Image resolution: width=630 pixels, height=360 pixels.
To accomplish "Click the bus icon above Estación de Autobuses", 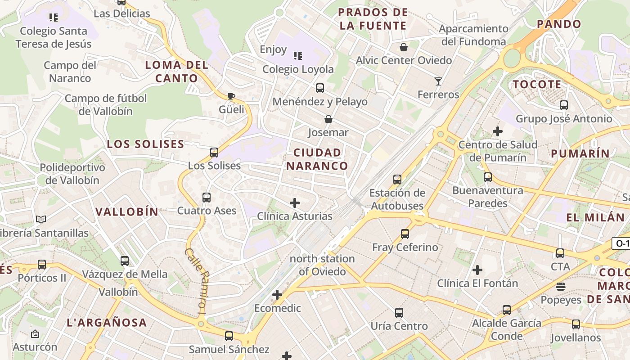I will click(x=397, y=180).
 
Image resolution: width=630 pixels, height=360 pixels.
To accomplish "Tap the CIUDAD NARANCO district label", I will click(x=317, y=159).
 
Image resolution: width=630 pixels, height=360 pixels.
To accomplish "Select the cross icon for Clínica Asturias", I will click(x=295, y=203).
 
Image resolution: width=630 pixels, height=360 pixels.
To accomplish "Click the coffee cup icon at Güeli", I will click(x=231, y=96).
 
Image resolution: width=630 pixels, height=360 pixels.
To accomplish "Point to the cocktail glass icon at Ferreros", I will click(x=438, y=81).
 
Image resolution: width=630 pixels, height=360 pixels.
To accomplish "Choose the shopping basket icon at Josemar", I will click(x=328, y=119).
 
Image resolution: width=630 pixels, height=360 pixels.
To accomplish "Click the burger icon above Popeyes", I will click(x=561, y=287).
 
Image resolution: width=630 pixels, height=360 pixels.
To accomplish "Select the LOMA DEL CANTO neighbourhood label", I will click(x=177, y=72).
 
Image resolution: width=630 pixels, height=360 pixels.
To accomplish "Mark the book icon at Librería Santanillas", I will click(x=41, y=220).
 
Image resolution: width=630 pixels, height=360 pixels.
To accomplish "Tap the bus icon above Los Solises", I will click(x=214, y=153).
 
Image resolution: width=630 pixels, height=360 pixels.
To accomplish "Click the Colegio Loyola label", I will click(x=298, y=69).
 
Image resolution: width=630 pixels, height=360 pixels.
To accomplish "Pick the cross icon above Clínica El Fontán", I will click(x=477, y=270).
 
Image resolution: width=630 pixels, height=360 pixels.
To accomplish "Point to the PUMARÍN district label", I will click(x=580, y=153).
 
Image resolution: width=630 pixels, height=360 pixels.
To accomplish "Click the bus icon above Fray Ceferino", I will click(x=405, y=234).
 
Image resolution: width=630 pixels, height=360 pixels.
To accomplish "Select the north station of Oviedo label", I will click(x=322, y=265).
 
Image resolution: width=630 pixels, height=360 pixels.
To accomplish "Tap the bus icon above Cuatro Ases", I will click(x=207, y=197).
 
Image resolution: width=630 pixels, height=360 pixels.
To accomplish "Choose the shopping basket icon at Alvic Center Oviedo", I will click(x=404, y=47).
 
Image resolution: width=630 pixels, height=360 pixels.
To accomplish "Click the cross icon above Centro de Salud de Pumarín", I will click(x=498, y=131).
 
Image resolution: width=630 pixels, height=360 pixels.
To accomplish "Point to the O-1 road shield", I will click(x=621, y=244).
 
